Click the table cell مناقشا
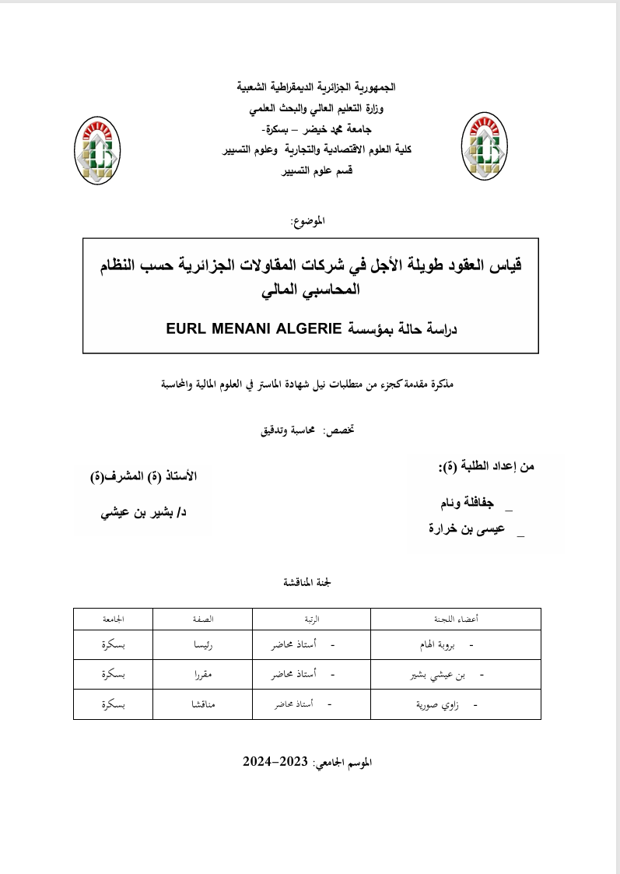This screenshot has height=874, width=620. pyautogui.click(x=203, y=704)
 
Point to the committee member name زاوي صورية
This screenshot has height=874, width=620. pyautogui.click(x=439, y=704)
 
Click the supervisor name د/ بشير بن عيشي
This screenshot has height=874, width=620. pyautogui.click(x=145, y=514)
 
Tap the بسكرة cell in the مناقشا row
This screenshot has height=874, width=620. pyautogui.click(x=114, y=704)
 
